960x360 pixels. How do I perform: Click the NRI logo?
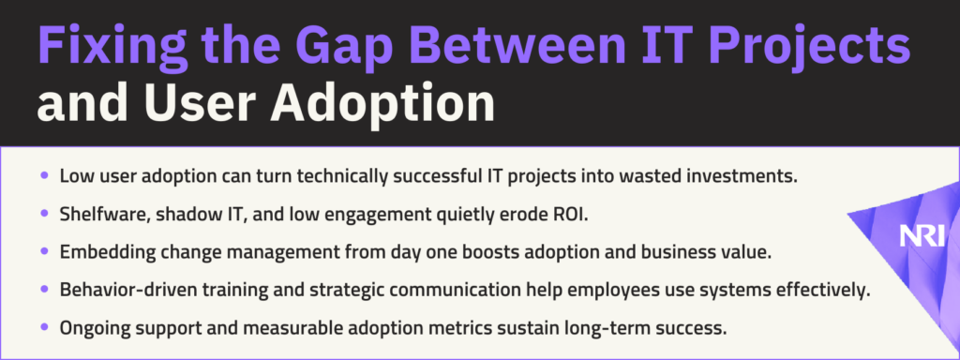pyautogui.click(x=922, y=235)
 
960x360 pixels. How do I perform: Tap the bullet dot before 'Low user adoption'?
pyautogui.click(x=44, y=175)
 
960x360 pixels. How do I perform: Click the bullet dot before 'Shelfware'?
pyautogui.click(x=44, y=214)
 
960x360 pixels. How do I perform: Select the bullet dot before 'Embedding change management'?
pyautogui.click(x=44, y=251)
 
